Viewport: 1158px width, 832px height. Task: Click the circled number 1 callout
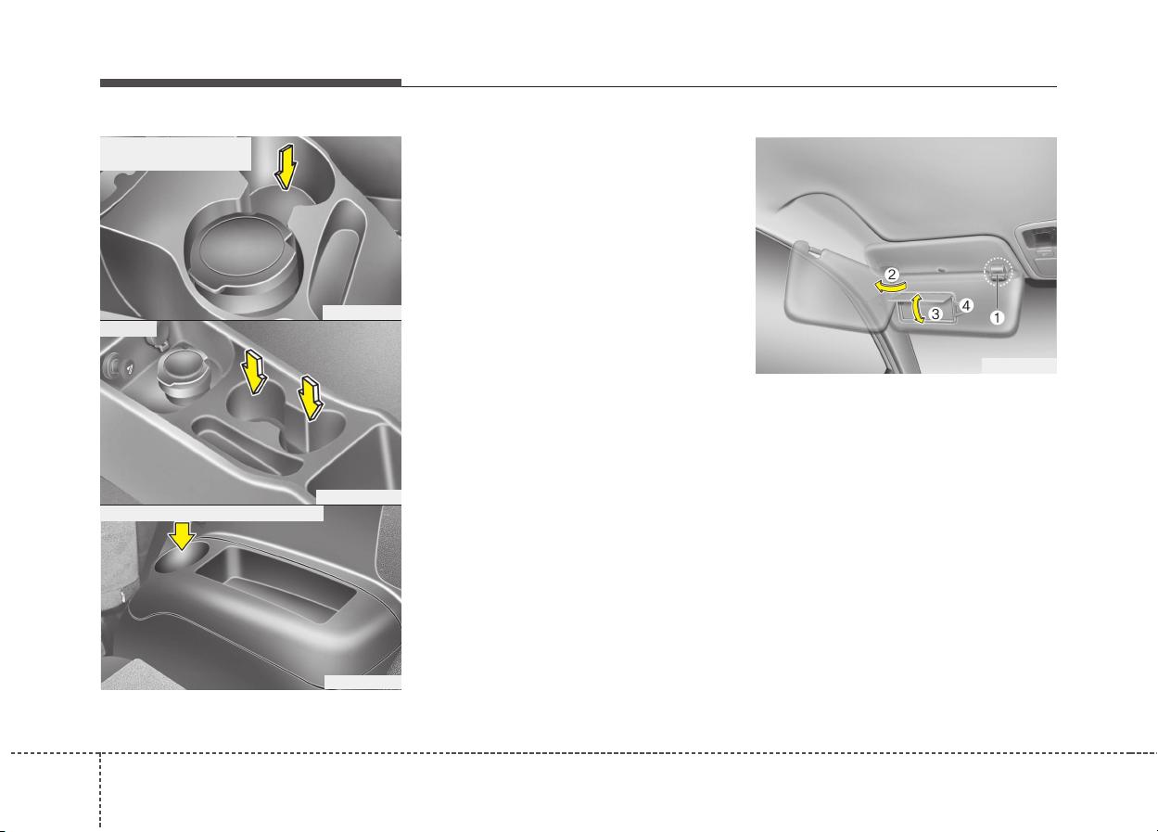[996, 317]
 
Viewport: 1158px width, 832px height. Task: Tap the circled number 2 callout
[891, 274]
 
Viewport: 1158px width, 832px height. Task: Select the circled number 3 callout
[935, 314]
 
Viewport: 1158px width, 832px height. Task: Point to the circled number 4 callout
[966, 305]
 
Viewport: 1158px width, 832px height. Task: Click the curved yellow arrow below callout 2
[890, 286]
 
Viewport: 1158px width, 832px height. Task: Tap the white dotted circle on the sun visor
[998, 271]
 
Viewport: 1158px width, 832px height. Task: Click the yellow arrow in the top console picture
[286, 167]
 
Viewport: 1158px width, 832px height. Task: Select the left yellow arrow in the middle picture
[254, 372]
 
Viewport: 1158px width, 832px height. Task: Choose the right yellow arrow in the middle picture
[311, 397]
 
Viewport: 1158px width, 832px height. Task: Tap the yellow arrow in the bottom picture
[182, 536]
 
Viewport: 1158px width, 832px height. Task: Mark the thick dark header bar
[250, 83]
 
